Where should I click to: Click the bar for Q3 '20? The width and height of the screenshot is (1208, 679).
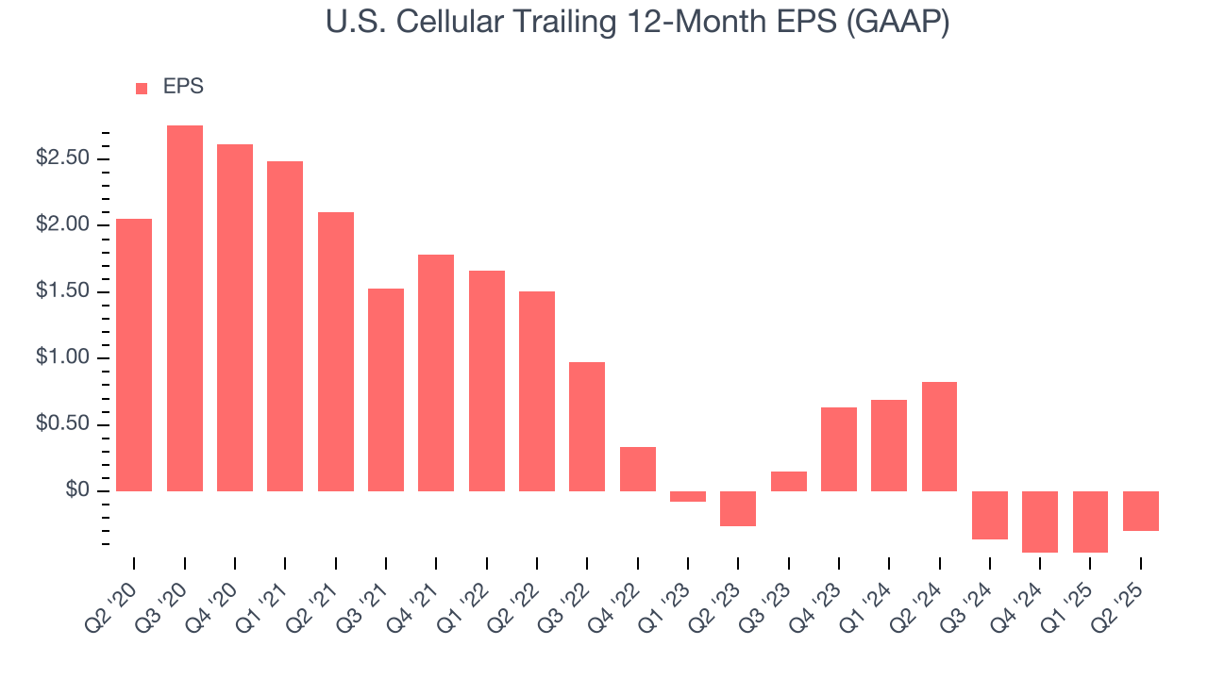coord(185,308)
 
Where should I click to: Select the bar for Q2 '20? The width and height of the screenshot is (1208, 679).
coord(134,355)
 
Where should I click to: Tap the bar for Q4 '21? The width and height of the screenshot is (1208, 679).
coord(436,373)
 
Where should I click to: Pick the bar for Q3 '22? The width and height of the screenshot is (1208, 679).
coord(587,426)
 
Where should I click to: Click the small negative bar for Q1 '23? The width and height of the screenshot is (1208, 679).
coord(688,497)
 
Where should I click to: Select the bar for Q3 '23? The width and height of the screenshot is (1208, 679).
coord(788,481)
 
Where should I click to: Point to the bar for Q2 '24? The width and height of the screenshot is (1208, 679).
coord(939,437)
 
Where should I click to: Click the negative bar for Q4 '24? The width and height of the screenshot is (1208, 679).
coord(1040,522)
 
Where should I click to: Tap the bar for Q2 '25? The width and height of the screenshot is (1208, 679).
coord(1141,511)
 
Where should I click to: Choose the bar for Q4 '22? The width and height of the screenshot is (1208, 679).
coord(638,469)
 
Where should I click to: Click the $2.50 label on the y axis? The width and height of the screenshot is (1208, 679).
coord(62,158)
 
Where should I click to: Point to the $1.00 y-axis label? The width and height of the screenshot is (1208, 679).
coord(62,358)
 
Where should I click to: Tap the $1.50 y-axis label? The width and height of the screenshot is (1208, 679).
coord(62,291)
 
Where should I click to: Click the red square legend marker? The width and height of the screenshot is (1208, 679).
coord(142,88)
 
